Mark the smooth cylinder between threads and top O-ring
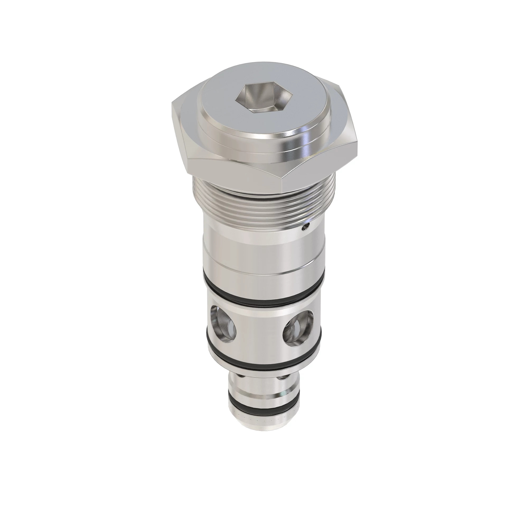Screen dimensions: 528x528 pos(262,246)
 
